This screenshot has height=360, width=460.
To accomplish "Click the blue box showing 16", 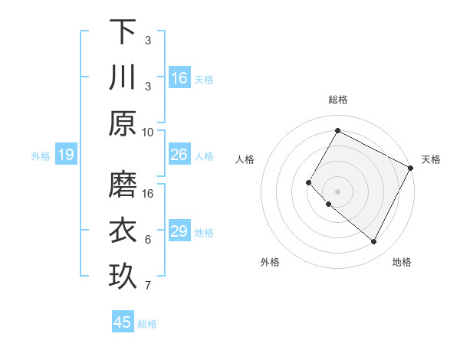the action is pos(179,77).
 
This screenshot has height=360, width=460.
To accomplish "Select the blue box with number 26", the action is pos(179,155).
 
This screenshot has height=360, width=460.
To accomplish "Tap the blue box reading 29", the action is pos(179,231).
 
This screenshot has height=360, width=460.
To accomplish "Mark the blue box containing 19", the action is pos(66,155).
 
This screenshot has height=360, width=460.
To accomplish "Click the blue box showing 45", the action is pos(123,322).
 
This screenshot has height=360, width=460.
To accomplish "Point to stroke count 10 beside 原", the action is pos(148,132).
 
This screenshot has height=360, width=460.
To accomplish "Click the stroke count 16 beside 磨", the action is pos(148,194).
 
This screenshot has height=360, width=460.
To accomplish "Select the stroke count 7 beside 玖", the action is pos(148,286).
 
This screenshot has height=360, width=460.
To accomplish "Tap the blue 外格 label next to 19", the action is pos(41,155).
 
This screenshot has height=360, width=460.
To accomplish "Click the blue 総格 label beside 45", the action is pos(147,323).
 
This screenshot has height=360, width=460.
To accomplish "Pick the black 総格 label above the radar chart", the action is pos(337,100).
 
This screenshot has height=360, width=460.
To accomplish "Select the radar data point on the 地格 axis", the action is pos(374,242).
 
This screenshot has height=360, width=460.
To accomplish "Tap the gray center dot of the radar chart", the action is pos(337,191).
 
